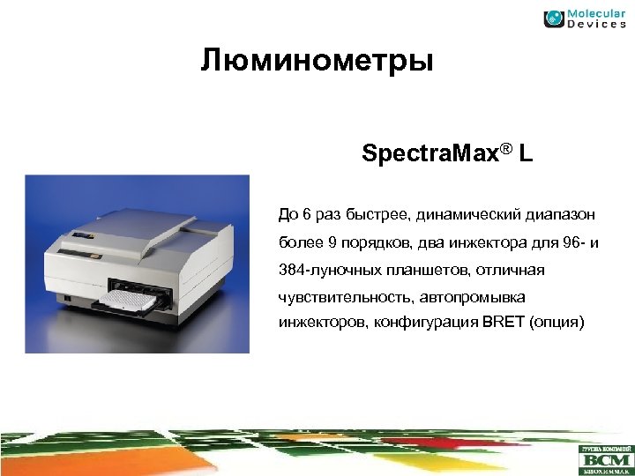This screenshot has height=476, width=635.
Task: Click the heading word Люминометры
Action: (x=317, y=63)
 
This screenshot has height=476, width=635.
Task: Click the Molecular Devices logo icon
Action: (x=554, y=19)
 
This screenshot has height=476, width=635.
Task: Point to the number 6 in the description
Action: (x=305, y=212)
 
